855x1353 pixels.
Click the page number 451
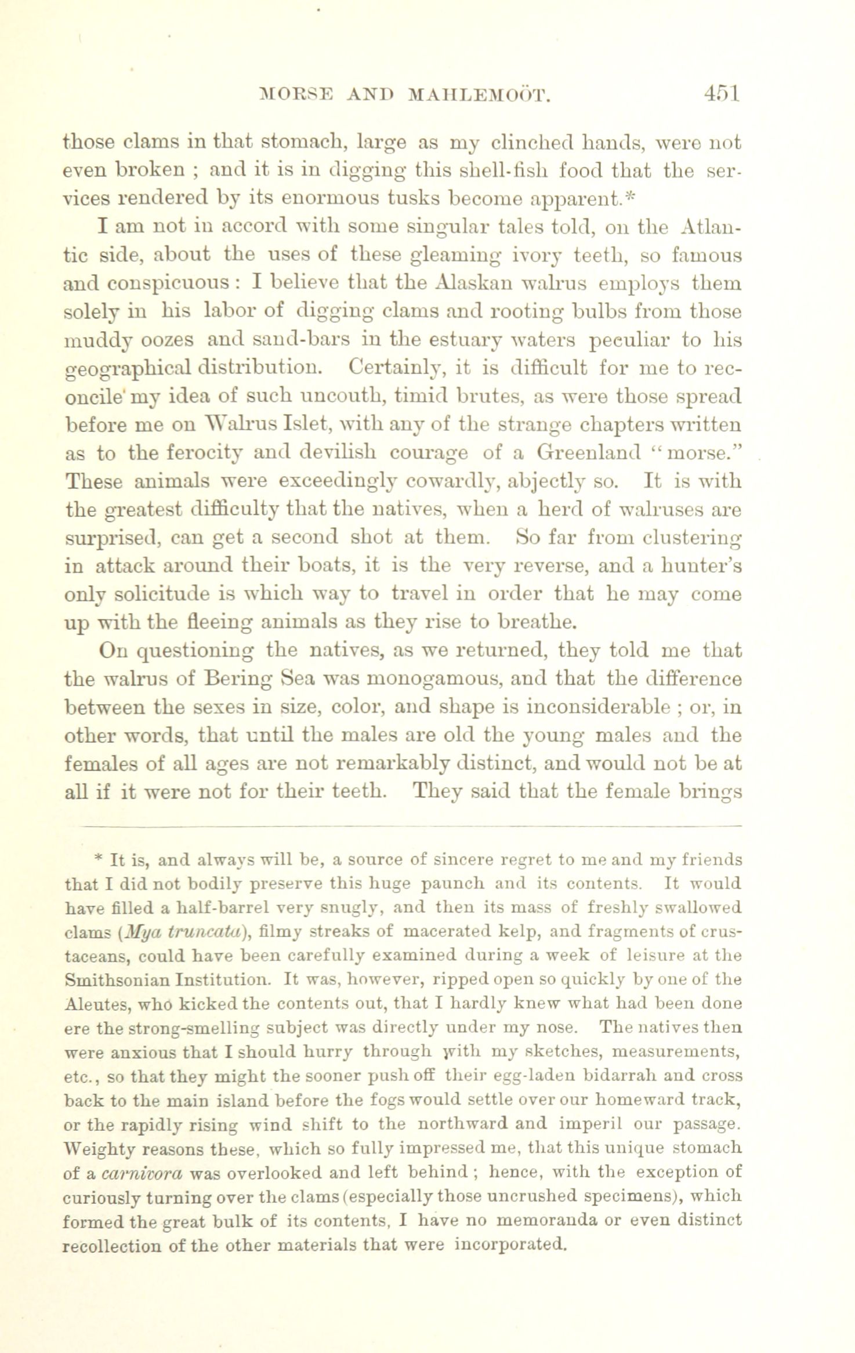[721, 93]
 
